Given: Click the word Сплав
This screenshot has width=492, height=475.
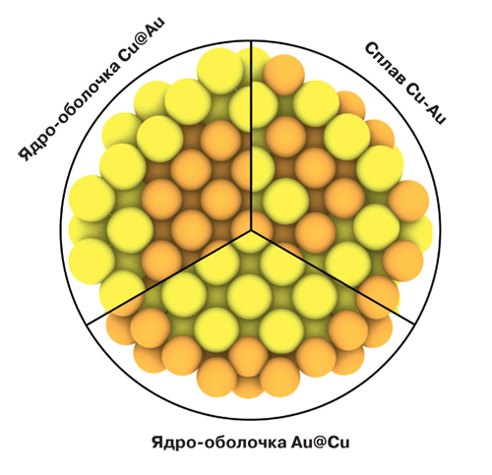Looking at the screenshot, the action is point(386,63).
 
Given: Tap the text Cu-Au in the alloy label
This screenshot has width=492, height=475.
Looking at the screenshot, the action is point(426,102).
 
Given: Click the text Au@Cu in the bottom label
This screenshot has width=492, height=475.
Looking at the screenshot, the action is point(321,443).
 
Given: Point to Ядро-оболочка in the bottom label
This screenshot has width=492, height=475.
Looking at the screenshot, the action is point(219,444).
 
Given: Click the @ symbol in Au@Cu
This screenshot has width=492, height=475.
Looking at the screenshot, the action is point(320,443).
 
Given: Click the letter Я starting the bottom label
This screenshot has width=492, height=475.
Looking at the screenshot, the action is point(158,443).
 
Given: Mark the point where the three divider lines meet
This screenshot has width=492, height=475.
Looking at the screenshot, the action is point(252,230).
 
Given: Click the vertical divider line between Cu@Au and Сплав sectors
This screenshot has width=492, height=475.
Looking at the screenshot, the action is point(252,136).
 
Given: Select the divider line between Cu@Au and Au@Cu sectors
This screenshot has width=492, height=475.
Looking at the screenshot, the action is point(169,277).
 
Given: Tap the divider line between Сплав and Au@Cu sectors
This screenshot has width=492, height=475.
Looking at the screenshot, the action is point(333,277).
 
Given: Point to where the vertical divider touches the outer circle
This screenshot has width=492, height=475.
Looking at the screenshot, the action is point(252,41).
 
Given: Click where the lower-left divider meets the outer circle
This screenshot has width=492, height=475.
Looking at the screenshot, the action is point(88,325).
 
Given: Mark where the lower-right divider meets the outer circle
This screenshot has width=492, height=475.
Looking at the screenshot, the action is point(414,325).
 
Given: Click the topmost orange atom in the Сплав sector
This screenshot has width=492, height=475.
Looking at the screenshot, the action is point(284,75).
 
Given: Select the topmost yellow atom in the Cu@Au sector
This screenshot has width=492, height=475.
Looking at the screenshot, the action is point(220,71).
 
